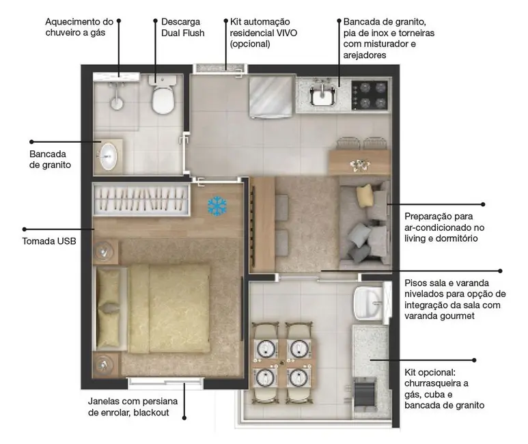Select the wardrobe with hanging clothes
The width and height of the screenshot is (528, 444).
coord(141,199)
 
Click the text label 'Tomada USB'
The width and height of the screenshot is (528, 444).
coord(50,241)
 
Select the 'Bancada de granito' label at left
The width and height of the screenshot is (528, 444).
coord(50,159)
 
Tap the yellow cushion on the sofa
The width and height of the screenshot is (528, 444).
coord(364,196)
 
